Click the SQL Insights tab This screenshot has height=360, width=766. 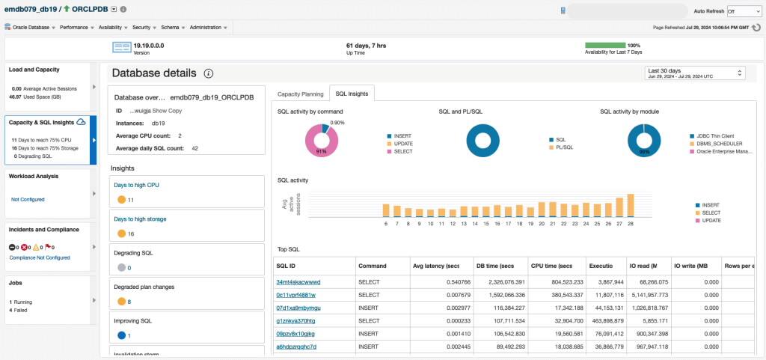(352, 94)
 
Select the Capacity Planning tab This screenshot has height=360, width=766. (301, 94)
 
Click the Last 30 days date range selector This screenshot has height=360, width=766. (695, 73)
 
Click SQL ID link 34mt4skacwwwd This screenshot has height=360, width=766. (298, 282)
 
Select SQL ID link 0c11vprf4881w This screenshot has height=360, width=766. (297, 295)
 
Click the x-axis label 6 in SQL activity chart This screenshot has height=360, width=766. (386, 223)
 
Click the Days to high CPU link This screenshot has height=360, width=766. (136, 185)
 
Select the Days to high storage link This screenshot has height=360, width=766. (140, 219)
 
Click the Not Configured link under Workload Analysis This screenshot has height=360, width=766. (28, 200)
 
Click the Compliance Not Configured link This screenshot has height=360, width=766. (39, 257)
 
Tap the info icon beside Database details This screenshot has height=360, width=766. (209, 73)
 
